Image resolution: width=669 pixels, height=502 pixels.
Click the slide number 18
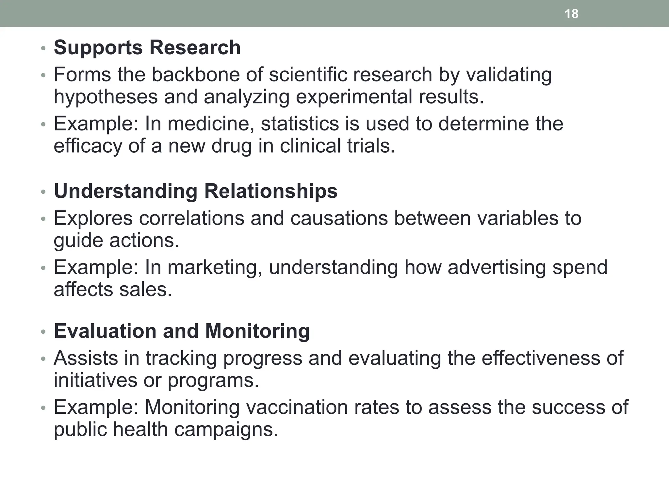571,14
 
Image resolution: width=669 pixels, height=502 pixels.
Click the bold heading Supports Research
147,48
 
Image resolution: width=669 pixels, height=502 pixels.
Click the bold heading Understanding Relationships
195,191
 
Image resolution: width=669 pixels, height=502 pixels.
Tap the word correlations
192,218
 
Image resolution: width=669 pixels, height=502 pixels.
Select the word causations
339,218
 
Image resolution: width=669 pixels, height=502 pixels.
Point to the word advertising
497,267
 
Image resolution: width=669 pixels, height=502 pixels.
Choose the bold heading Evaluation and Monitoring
182,331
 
